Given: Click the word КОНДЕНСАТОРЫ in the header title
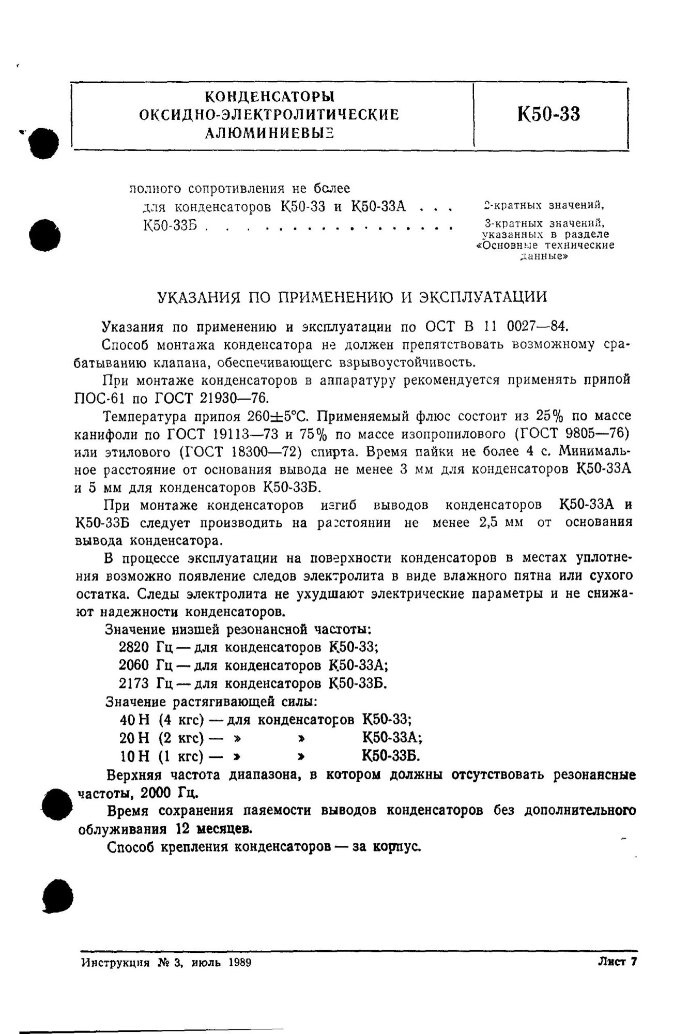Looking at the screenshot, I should [269, 97].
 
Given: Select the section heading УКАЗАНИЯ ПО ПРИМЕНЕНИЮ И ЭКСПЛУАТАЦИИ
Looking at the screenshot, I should [351, 297].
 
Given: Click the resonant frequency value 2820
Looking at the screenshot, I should [133, 647].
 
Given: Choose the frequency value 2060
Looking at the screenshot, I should [133, 665].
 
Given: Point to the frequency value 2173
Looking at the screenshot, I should [133, 683].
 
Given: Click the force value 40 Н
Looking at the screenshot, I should [134, 720].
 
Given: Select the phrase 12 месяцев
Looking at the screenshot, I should [214, 829].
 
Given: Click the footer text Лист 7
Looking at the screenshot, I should [617, 962].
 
